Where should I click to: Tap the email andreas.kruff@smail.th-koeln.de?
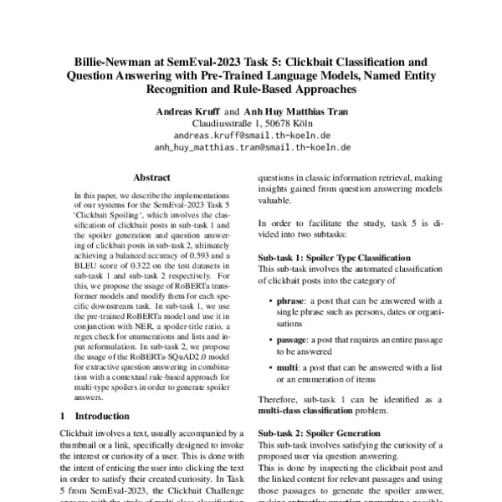click(252, 134)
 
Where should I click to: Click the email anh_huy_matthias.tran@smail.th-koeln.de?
click(252, 146)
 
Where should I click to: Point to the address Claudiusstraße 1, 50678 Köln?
click(252, 121)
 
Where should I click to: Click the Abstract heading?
click(151, 177)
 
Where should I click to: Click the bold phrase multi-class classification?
click(310, 411)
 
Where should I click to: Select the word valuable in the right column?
click(276, 201)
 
